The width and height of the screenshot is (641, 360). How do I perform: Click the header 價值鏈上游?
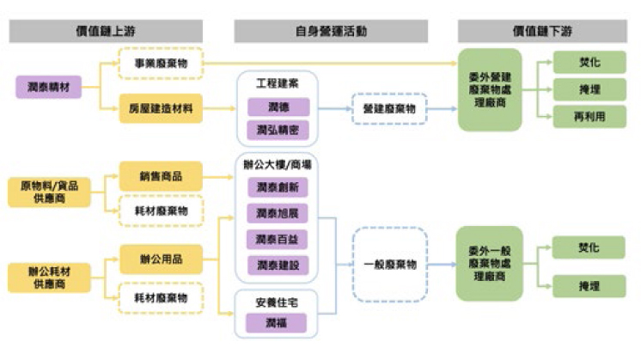tap(111, 32)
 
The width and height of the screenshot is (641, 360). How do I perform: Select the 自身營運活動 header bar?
tap(331, 32)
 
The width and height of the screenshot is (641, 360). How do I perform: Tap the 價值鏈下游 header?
tap(542, 32)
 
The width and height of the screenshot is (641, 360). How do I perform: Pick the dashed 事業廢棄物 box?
tap(161, 64)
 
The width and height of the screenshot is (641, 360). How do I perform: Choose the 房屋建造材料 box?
tap(161, 109)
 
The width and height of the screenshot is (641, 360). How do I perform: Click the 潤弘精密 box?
tap(277, 131)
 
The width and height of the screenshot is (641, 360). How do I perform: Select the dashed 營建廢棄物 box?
tap(389, 109)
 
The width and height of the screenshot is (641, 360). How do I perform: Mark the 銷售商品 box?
tap(161, 176)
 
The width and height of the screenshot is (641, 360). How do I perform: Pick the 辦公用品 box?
tap(161, 257)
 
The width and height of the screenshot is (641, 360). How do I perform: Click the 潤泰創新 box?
tap(277, 188)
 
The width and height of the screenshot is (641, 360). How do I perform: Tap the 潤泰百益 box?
tap(277, 239)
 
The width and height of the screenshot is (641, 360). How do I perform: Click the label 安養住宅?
tap(277, 302)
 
